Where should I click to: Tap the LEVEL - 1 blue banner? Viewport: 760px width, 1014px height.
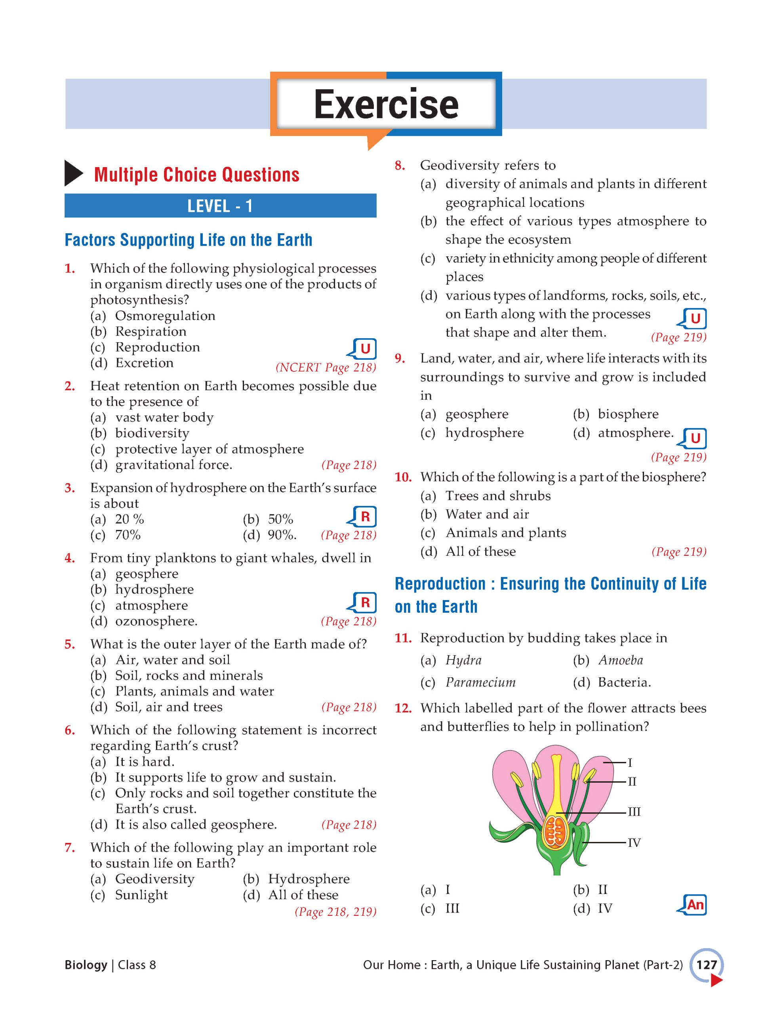[220, 206]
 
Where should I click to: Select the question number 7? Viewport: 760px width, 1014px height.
[70, 847]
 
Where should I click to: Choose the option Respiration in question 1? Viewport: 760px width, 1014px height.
[150, 331]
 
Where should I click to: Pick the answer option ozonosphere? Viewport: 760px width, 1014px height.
[156, 621]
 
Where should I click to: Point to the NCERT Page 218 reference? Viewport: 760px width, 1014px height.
[326, 367]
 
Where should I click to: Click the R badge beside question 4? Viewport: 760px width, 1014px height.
[365, 602]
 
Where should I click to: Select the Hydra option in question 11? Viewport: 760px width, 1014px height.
[463, 660]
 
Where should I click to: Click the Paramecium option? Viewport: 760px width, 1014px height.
[480, 682]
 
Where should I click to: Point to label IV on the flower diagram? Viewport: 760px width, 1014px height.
[634, 842]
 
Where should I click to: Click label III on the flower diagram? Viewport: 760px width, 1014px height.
[634, 812]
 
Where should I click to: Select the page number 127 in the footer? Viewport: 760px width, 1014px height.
[706, 964]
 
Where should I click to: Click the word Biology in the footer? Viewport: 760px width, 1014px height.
[86, 964]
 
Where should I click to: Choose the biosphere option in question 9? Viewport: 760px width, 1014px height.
[628, 414]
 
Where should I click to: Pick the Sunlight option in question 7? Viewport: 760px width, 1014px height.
[141, 895]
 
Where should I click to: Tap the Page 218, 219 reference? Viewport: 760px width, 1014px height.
[335, 912]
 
